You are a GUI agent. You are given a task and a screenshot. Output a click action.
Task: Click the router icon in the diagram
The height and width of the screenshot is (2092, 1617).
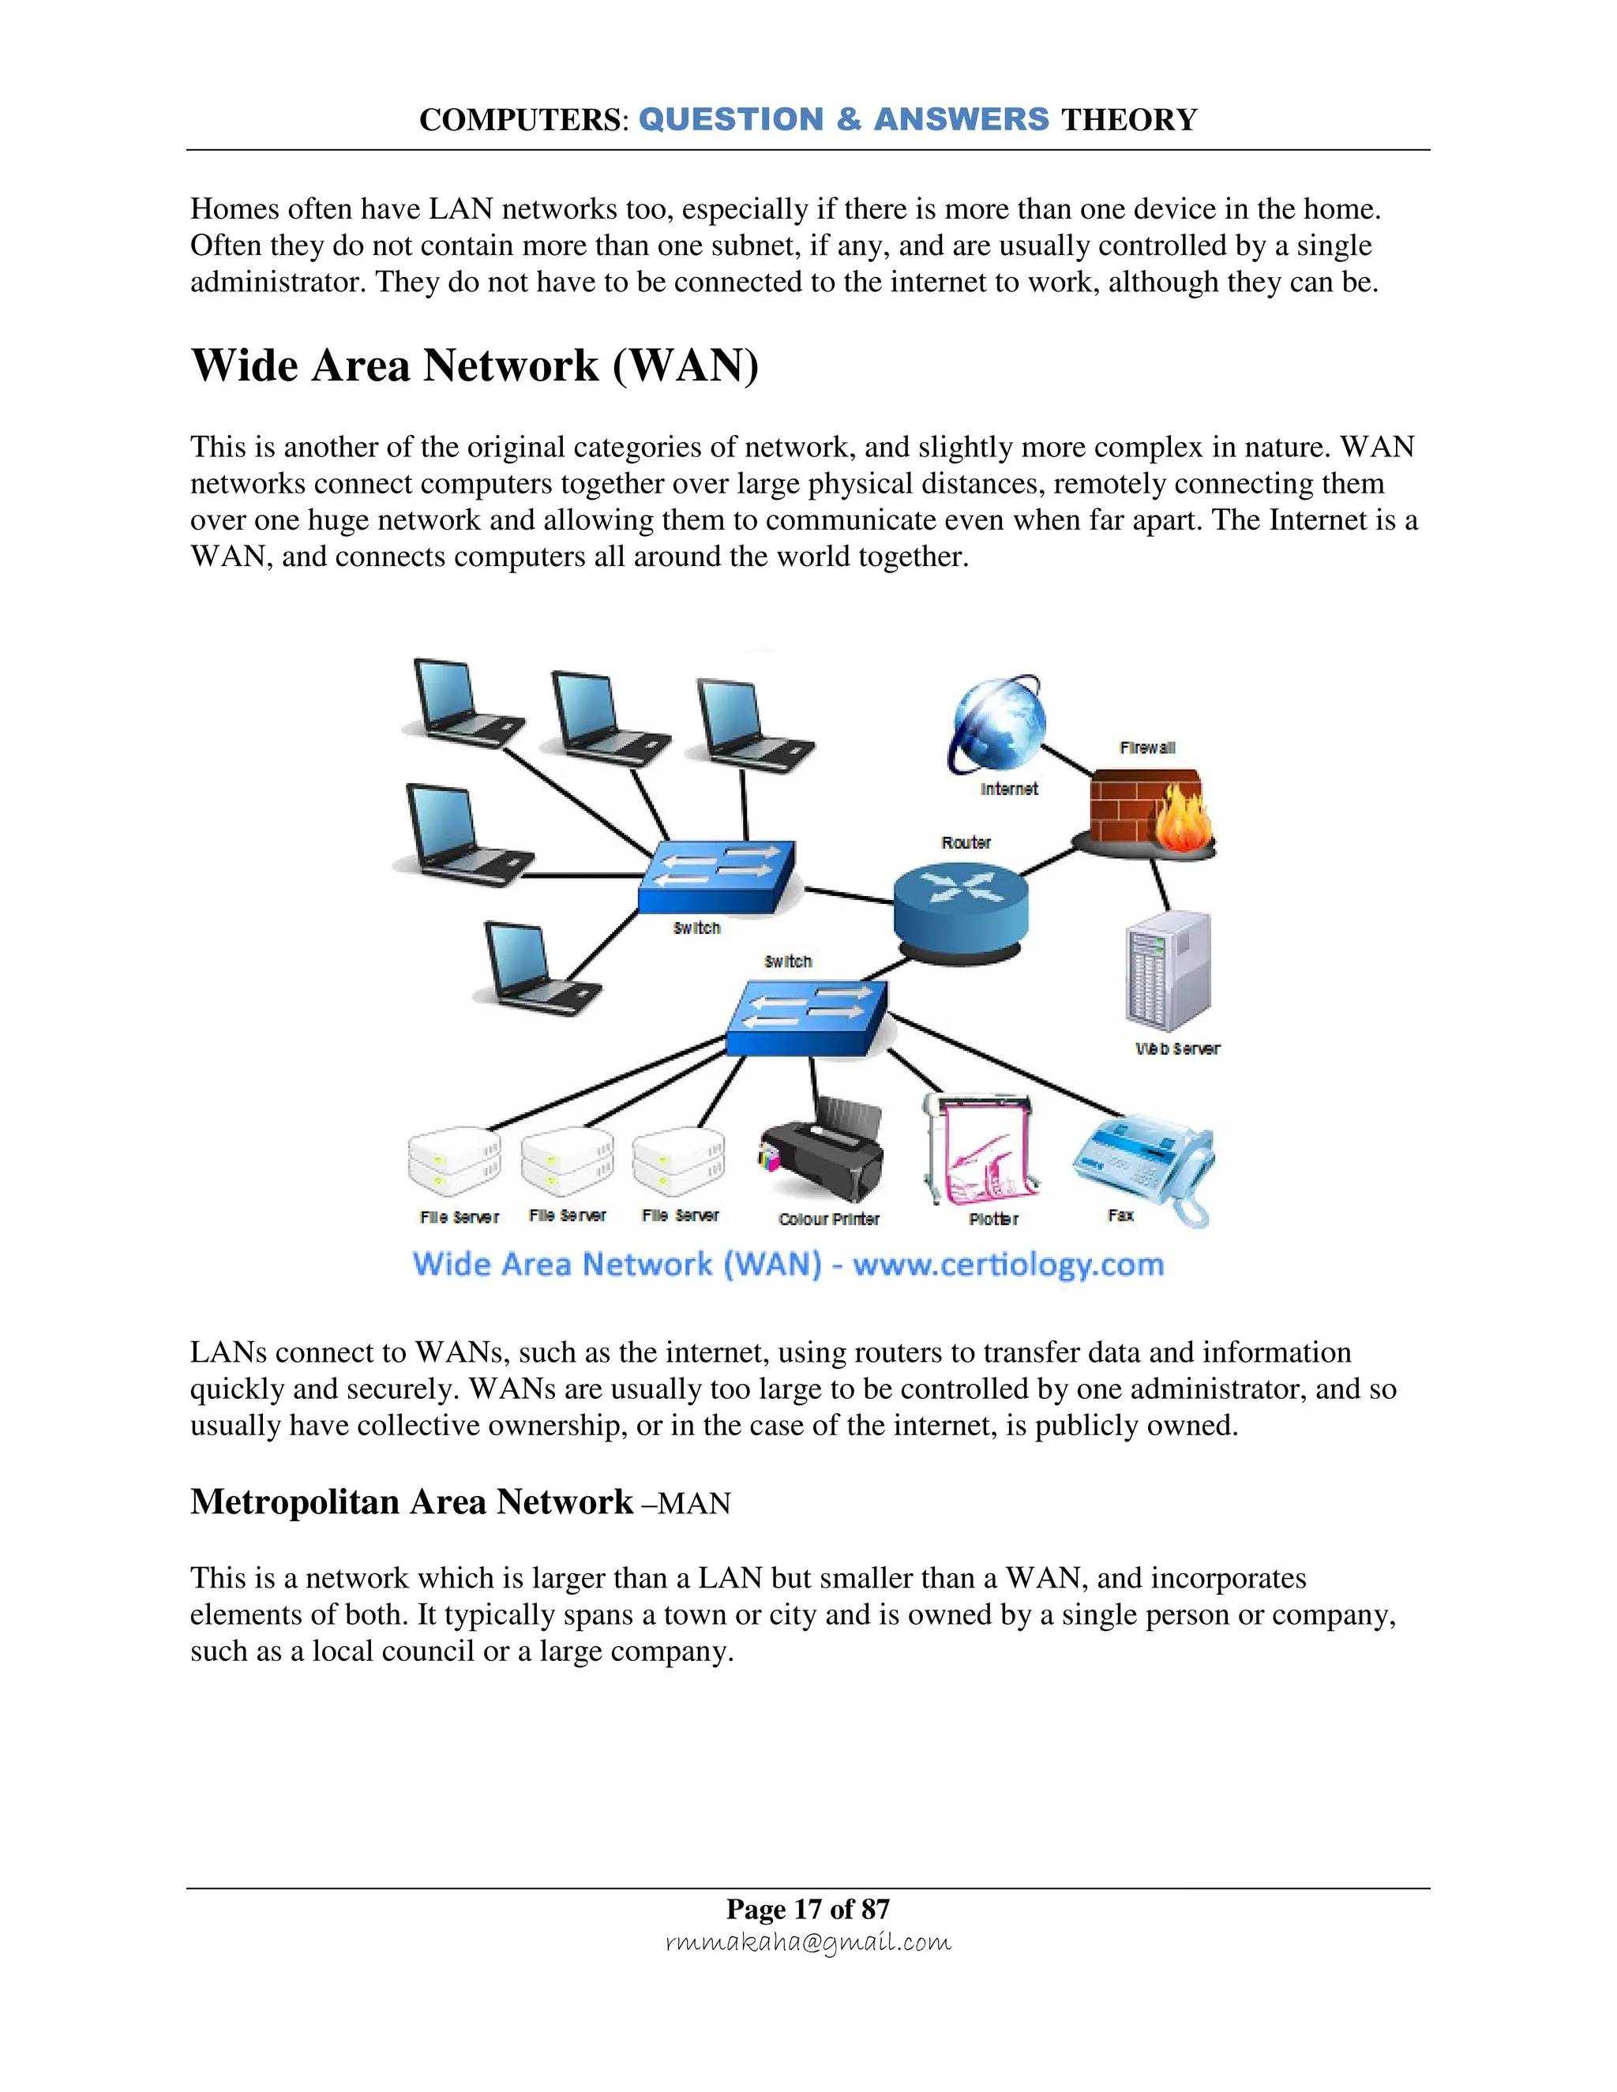[960, 907]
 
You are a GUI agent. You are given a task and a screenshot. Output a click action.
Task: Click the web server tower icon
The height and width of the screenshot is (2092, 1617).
[1167, 971]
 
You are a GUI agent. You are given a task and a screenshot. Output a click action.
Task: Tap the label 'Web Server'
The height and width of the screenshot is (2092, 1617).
[1177, 1049]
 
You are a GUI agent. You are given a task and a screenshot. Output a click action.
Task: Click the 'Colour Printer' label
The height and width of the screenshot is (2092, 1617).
[828, 1220]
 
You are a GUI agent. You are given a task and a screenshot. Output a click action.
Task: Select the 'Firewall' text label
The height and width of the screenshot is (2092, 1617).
[1146, 748]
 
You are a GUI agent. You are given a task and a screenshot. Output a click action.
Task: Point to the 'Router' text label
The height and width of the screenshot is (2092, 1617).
[966, 843]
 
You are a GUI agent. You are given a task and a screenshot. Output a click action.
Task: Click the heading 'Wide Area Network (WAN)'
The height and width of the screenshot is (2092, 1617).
[475, 366]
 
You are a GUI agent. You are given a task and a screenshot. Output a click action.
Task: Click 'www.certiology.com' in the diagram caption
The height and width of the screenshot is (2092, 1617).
[1007, 1265]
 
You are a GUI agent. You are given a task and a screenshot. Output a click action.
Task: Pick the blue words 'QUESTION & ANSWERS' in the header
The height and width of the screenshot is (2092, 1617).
[844, 120]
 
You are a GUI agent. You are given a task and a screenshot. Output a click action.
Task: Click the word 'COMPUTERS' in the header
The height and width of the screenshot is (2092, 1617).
[520, 120]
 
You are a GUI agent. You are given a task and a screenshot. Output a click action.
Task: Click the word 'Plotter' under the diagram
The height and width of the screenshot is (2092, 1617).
[993, 1220]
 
